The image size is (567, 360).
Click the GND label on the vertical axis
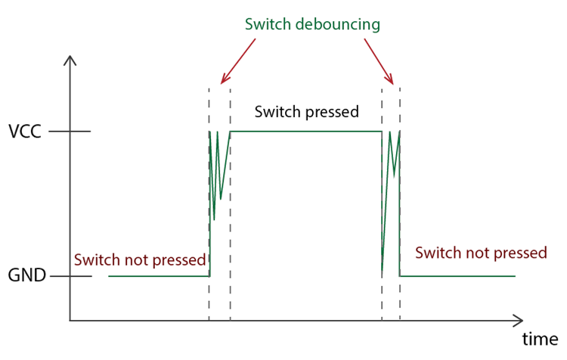coord(27,276)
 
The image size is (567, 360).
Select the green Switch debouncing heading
coord(312,23)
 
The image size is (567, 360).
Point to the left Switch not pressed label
coord(140,259)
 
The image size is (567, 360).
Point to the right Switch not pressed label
coord(481,253)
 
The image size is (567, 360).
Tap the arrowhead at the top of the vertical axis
coord(70,61)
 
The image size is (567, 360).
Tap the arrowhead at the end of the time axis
coord(518,320)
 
